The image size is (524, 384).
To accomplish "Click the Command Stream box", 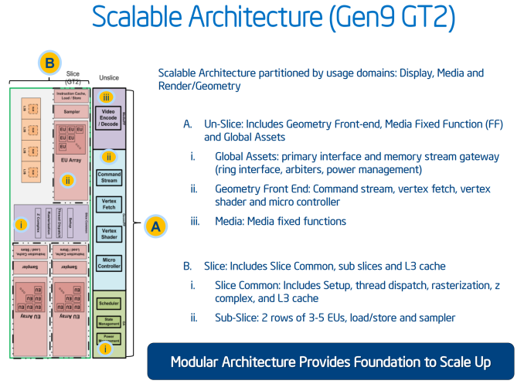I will (108, 177).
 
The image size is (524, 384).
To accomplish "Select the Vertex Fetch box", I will (108, 205).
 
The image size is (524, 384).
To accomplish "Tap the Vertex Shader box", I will (108, 233).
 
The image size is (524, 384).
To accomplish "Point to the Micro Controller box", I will (108, 262).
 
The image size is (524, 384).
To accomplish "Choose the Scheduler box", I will (108, 303).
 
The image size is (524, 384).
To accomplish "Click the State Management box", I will (108, 321).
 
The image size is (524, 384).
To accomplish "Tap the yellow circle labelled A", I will (155, 226).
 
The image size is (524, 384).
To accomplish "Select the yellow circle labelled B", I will (50, 62).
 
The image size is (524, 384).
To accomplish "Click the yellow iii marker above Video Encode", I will (107, 97).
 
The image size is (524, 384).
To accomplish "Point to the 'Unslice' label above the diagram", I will (110, 78).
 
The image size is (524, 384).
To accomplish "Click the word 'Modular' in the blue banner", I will (201, 362).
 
